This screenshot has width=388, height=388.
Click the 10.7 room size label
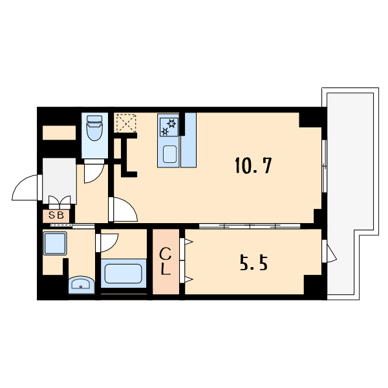coord(253,166)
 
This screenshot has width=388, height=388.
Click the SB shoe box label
coord(56,215)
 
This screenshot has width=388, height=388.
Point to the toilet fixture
coord(94,127)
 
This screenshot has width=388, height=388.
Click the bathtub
coord(124,274)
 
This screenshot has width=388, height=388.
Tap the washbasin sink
coord(81,285)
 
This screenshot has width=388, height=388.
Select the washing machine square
coord(55,244)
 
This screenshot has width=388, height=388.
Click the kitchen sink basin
coord(169,154)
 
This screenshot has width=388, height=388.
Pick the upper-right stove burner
coord(172,123)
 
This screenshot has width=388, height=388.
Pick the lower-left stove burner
coord(164,131)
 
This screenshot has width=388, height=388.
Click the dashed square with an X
coord(126,123)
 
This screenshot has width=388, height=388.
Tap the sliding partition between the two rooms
coord(250,226)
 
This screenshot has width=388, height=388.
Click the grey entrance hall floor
coord(59,181)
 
